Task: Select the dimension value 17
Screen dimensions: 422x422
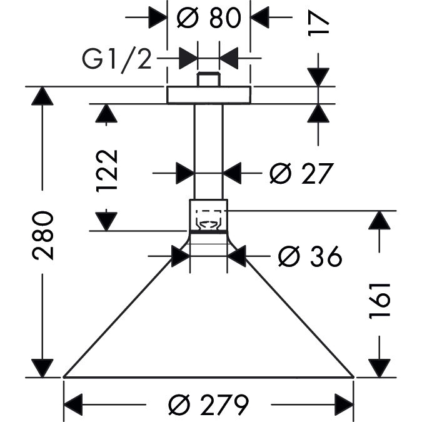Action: tap(319, 23)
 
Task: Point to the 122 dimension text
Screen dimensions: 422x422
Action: tap(108, 170)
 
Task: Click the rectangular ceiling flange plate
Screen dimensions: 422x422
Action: tap(209, 94)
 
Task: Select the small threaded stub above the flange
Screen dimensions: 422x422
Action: tap(209, 80)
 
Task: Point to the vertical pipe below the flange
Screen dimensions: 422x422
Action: tap(209, 150)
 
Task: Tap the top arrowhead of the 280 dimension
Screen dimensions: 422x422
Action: tap(43, 96)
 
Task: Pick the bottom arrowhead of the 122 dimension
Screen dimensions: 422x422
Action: tap(108, 221)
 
